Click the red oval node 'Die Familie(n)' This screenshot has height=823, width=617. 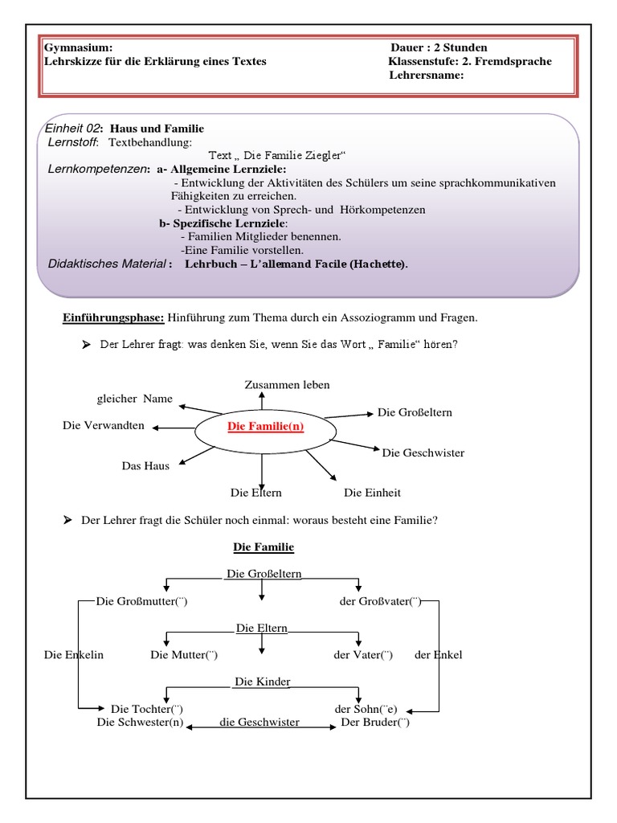click(266, 427)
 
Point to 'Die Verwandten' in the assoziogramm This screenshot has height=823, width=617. click(104, 425)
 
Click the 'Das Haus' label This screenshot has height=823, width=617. click(145, 466)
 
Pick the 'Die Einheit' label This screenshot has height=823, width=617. click(372, 492)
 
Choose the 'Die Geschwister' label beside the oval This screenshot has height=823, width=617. click(423, 453)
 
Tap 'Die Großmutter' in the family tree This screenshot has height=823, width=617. click(141, 601)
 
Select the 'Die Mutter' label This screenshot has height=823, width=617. click(184, 655)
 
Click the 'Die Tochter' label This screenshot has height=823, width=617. click(146, 709)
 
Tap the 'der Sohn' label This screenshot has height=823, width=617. click(366, 709)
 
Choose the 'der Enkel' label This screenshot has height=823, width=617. click(438, 655)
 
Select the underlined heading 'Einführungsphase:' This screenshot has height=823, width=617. click(114, 318)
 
